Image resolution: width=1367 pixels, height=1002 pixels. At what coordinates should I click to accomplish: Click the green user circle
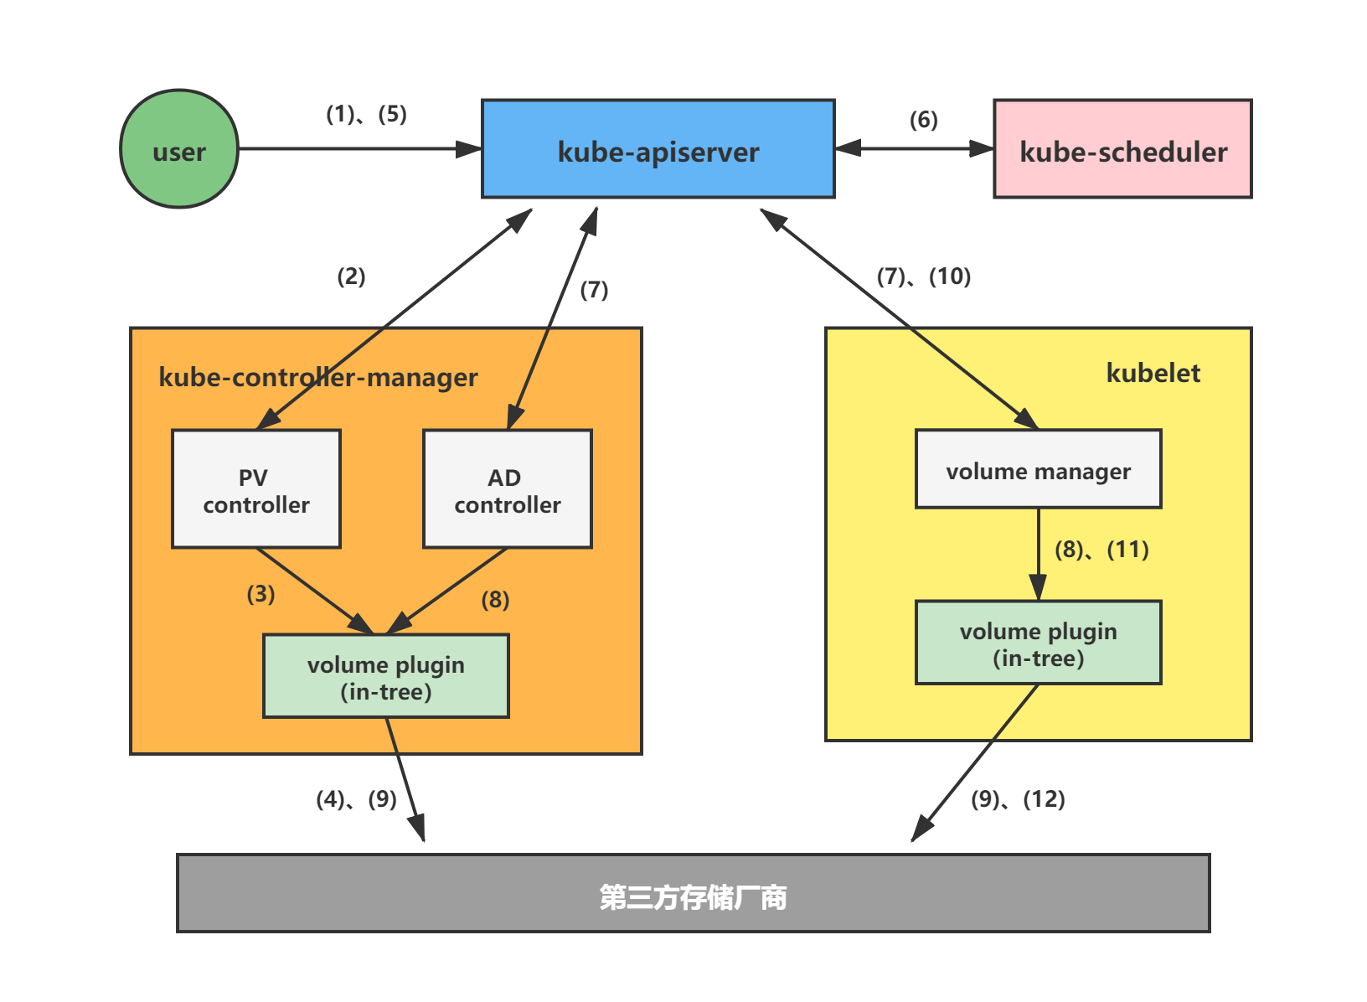click(179, 149)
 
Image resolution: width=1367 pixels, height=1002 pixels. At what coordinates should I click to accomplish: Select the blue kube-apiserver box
click(658, 149)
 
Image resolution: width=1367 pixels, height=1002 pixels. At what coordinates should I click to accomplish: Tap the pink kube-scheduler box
click(1122, 149)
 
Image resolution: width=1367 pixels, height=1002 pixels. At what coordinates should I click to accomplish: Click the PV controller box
click(256, 489)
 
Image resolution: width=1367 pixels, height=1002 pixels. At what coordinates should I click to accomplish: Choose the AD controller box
click(508, 489)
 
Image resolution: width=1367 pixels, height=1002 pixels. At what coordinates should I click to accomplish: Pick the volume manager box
click(1038, 469)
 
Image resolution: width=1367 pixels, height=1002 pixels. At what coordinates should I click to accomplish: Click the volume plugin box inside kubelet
click(1038, 643)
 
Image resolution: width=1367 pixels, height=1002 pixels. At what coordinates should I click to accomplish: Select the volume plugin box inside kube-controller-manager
click(386, 676)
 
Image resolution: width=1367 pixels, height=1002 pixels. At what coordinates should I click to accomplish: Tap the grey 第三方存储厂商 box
click(693, 893)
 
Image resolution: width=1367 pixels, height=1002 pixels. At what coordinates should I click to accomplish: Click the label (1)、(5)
click(366, 114)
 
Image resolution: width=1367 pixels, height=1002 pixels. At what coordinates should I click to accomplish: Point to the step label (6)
click(923, 120)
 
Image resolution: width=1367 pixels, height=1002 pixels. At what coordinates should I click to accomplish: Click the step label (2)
click(351, 276)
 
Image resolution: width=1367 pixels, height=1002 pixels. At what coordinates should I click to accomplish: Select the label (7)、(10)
click(923, 276)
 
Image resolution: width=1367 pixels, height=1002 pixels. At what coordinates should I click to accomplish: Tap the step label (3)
click(261, 594)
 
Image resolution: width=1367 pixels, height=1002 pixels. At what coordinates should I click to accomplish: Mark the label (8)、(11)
click(1101, 550)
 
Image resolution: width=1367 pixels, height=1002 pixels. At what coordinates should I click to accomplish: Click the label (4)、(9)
click(356, 799)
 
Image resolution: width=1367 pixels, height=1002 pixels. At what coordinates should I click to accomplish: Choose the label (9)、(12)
click(1017, 799)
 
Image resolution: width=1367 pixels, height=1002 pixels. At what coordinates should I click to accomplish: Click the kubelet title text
click(1153, 373)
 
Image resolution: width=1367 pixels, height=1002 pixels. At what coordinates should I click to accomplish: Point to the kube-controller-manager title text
click(318, 377)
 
